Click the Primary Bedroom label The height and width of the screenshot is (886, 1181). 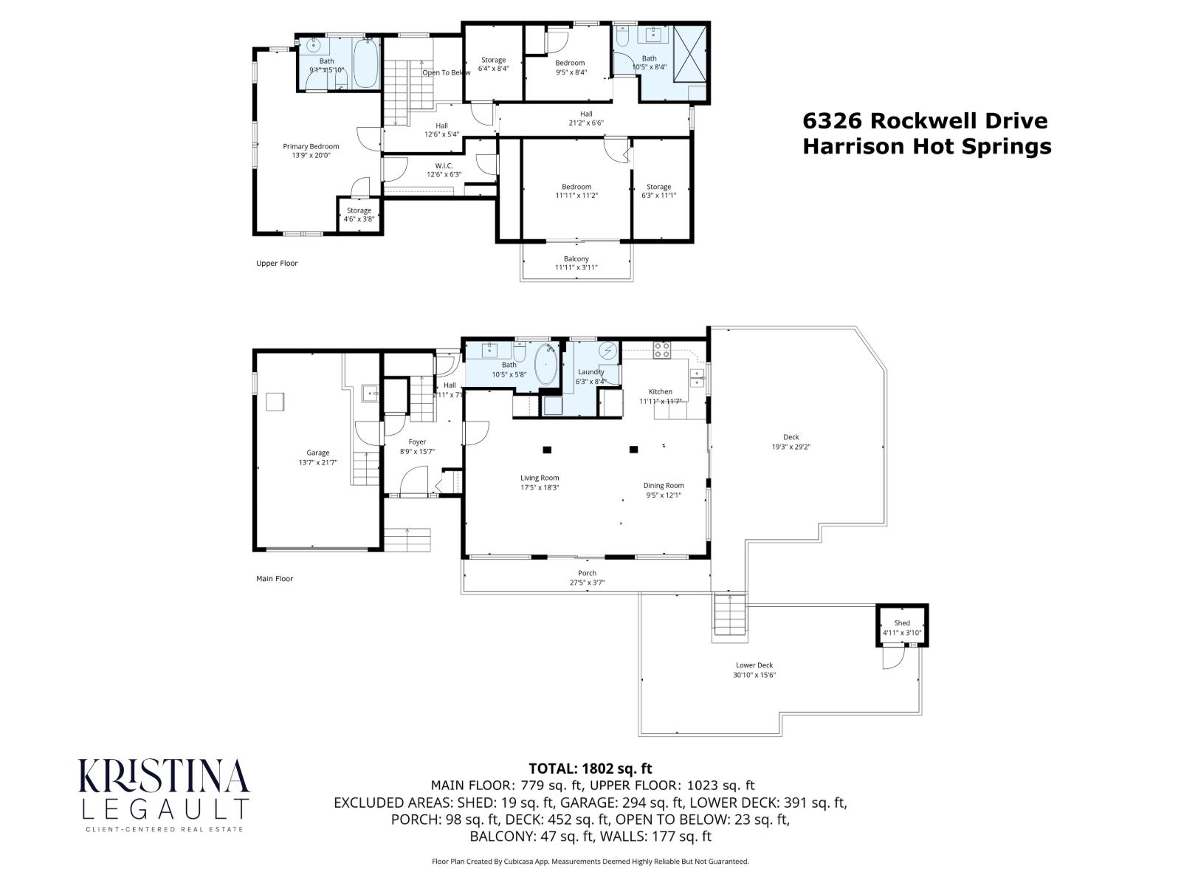coord(311,146)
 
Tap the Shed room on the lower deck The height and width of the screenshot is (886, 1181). coord(901,627)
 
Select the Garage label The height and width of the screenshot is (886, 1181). coord(317,453)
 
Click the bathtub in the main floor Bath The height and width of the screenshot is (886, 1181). coord(546,363)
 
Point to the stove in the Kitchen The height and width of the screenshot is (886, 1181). coord(661,350)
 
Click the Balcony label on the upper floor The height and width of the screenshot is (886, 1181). coord(576,258)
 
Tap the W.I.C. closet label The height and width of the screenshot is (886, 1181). coord(444,165)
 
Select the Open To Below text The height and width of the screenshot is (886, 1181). coord(446,72)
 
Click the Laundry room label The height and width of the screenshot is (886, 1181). coord(590,371)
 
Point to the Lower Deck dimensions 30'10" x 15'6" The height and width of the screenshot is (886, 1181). coord(754,675)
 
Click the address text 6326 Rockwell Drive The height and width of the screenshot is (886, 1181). coord(925,120)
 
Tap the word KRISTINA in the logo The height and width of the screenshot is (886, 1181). coord(164,777)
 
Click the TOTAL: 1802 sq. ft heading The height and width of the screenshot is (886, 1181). coord(590,768)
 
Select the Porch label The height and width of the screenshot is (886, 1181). coord(587,573)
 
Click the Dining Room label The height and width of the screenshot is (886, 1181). coord(663,485)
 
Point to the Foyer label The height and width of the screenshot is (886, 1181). coord(417,442)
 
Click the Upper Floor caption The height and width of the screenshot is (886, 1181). coord(277,263)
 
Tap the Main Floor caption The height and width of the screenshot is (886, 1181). coord(274,578)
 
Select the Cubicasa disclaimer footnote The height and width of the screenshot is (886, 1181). coord(590,861)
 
